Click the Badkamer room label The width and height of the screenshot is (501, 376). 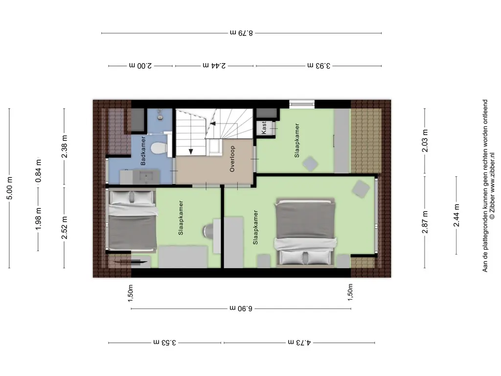(143, 151)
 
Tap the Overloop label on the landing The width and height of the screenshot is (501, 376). (232, 159)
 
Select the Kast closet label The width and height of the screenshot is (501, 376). (264, 128)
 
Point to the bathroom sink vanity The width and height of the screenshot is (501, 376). (139, 177)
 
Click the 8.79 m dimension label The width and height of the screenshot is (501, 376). (241, 33)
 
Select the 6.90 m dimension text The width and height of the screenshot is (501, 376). (241, 308)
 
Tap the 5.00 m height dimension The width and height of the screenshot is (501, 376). (10, 188)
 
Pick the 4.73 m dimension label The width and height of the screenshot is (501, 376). (299, 343)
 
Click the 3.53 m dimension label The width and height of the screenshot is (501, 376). (164, 343)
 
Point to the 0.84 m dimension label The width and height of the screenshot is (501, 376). (38, 171)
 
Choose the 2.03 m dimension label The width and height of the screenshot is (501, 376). (425, 141)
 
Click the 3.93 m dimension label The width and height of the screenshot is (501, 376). (319, 66)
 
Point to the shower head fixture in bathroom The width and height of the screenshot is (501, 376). (160, 115)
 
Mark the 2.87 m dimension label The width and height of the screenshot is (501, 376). (425, 222)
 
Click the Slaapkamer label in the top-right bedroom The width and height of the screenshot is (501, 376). (297, 141)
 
